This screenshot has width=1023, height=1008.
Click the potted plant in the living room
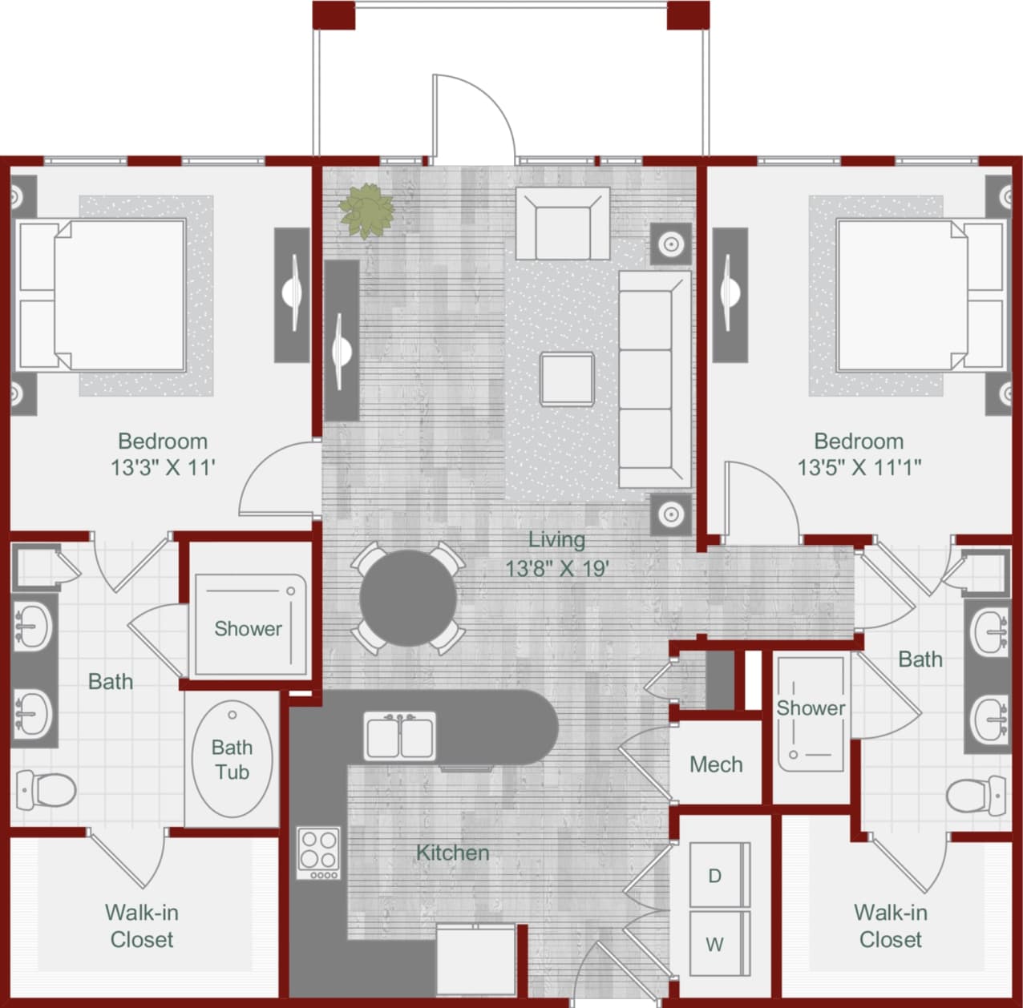[x=366, y=212]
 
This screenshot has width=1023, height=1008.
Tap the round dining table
[x=408, y=599]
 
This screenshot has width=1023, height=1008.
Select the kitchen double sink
[x=400, y=736]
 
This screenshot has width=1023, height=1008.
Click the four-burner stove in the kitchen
[x=318, y=853]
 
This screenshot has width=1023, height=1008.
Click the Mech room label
[x=716, y=764]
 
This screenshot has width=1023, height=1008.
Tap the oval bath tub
[x=232, y=759]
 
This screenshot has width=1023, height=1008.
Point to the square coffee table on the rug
[x=567, y=379]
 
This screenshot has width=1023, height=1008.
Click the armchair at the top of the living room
[x=562, y=224]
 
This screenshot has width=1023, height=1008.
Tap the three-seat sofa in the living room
[x=654, y=379]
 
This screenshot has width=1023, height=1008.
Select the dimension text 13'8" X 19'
[x=556, y=568]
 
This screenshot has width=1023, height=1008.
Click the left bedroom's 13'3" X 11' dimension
[x=163, y=467]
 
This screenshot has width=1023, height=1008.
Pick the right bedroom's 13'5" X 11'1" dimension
[x=859, y=467]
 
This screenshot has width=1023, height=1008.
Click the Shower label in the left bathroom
[x=248, y=629]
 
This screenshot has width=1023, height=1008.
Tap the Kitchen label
[x=452, y=853]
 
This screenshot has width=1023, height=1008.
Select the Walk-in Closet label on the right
[x=890, y=925]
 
